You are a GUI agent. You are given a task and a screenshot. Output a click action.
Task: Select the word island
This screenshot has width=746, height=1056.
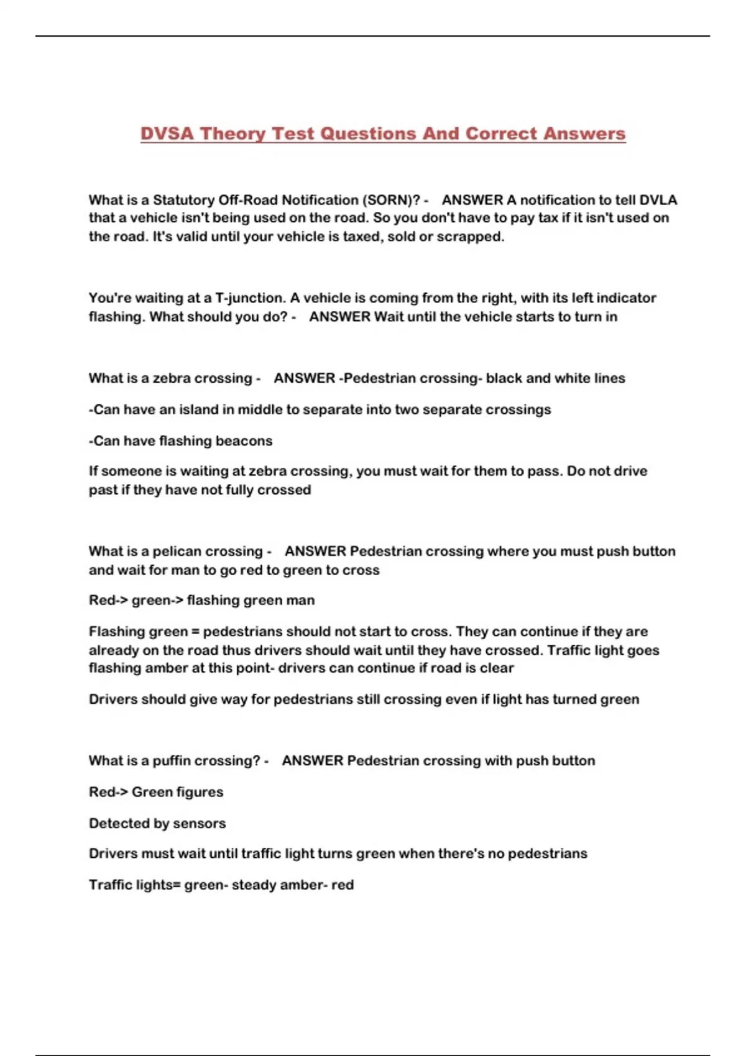pos(203,410)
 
